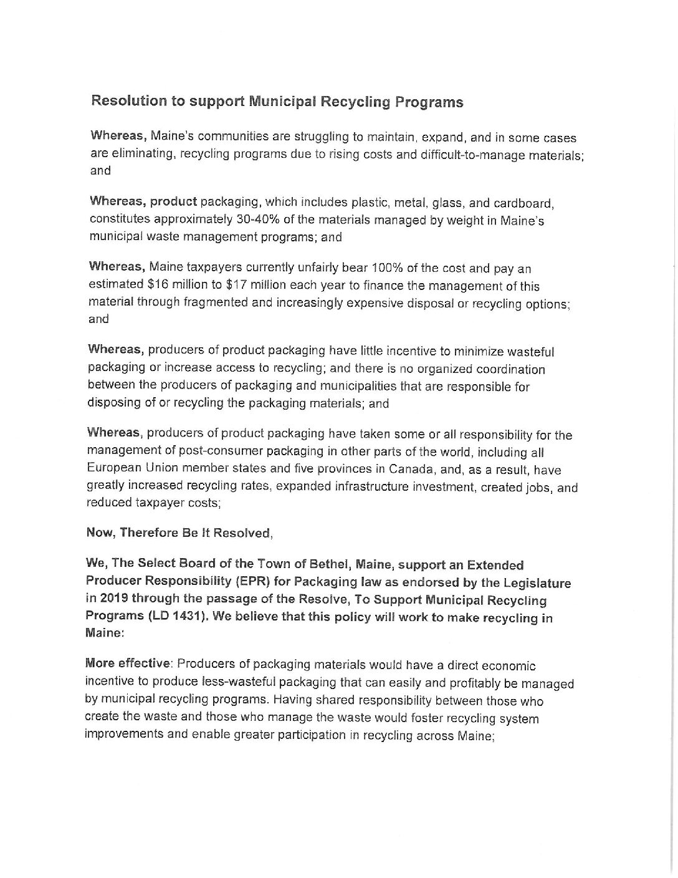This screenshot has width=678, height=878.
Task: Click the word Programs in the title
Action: point(425,102)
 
